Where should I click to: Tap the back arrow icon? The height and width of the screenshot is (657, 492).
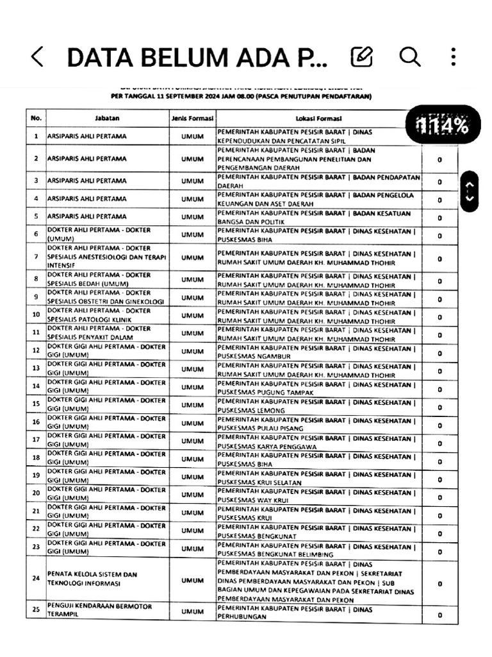[x=37, y=56]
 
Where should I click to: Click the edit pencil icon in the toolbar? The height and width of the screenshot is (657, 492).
[x=362, y=56]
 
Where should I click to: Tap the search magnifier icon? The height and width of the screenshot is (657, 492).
[x=409, y=56]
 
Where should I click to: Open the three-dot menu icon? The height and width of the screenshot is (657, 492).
[x=453, y=56]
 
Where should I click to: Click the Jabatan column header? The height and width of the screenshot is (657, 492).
[x=107, y=119]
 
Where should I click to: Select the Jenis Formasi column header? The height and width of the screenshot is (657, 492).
[x=192, y=119]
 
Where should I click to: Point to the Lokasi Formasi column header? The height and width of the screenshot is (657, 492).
[x=318, y=119]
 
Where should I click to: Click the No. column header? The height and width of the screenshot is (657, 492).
[x=36, y=119]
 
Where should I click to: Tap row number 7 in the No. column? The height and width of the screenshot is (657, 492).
[x=36, y=258]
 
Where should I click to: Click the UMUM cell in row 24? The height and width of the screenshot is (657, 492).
[x=192, y=580]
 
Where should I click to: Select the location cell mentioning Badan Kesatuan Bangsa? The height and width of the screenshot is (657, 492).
[x=318, y=217]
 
